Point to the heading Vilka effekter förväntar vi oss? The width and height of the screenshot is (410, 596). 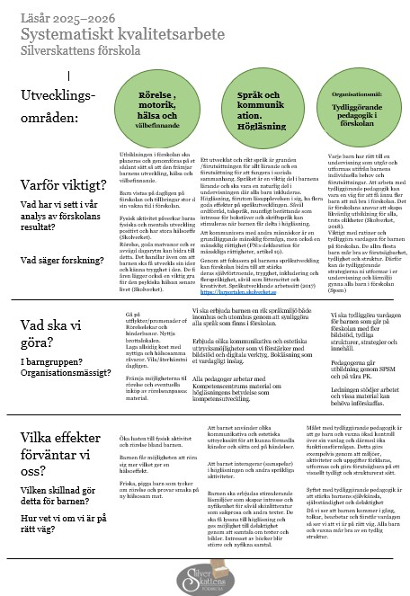65,449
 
